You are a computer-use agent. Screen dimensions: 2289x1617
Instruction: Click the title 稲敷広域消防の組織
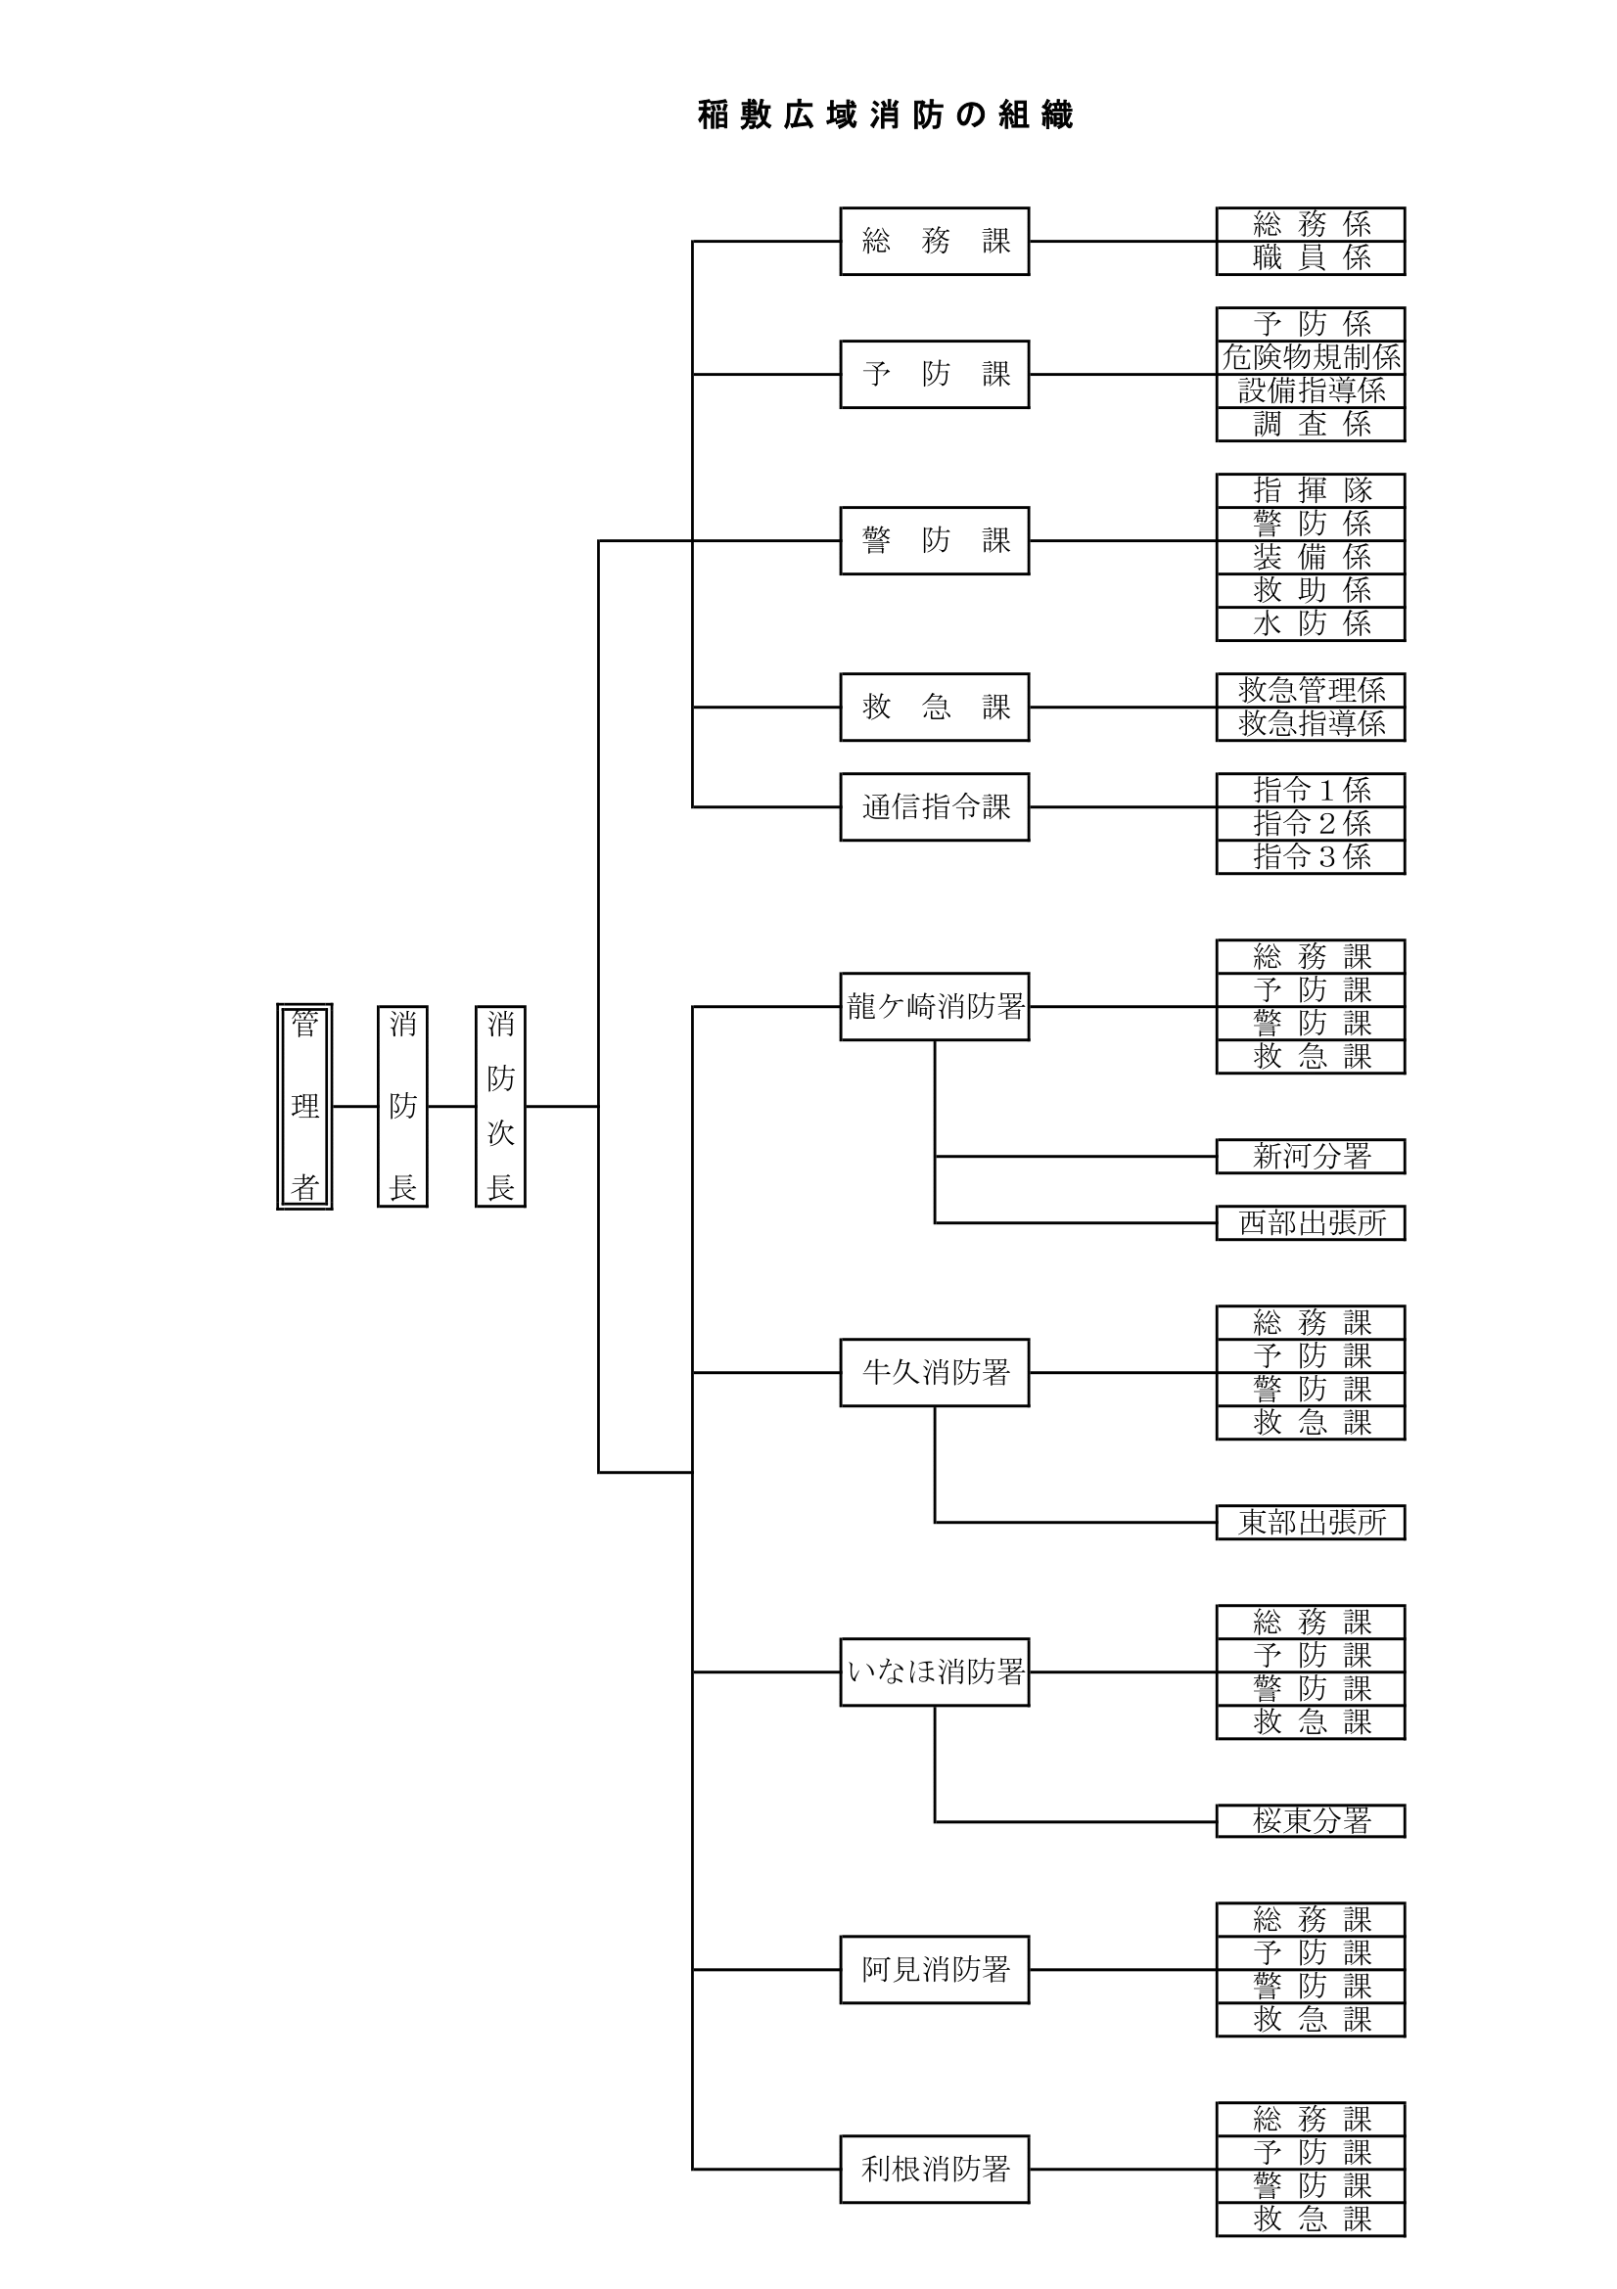pyautogui.click(x=885, y=115)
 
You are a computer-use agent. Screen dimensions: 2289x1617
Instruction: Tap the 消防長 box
pyautogui.click(x=401, y=1106)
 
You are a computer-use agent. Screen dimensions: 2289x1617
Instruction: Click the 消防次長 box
pyautogui.click(x=499, y=1106)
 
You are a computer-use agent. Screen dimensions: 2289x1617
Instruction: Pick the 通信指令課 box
pyautogui.click(x=934, y=806)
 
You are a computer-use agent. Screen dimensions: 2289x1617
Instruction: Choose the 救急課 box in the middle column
pyautogui.click(x=934, y=707)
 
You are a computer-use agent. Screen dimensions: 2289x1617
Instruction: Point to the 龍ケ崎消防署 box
pyautogui.click(x=934, y=1006)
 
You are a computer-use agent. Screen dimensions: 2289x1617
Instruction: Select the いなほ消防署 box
pyautogui.click(x=934, y=1671)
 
